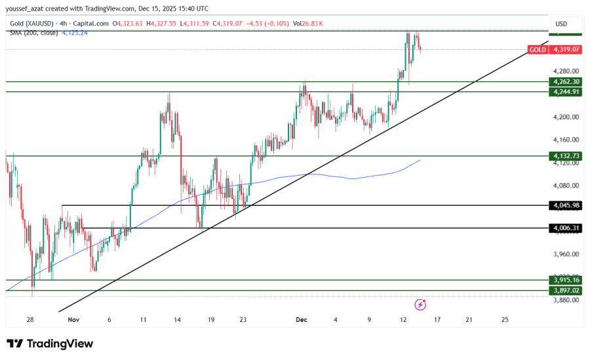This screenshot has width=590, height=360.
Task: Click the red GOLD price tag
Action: click(538, 49)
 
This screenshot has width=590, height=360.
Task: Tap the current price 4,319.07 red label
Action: click(566, 49)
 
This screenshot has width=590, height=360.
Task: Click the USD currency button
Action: click(561, 24)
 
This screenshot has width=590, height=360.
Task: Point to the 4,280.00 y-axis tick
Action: click(565, 71)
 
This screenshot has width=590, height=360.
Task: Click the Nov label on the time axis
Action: click(73, 320)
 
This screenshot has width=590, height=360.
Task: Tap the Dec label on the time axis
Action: click(302, 320)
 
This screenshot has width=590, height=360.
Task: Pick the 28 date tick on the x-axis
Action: click(31, 320)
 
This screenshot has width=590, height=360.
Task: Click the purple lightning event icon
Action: click(421, 304)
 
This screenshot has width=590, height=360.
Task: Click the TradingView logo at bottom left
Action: click(50, 344)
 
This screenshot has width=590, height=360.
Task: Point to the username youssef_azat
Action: click(28, 9)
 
